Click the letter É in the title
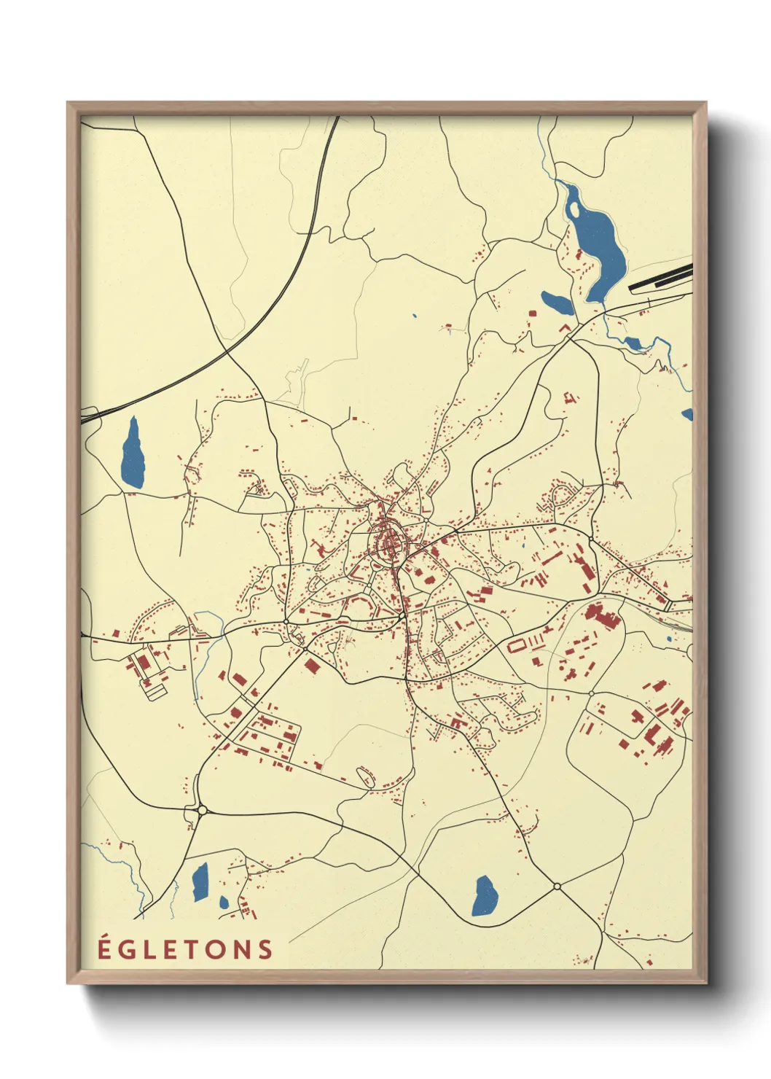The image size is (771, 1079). tap(104, 948)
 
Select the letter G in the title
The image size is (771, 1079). tap(127, 949)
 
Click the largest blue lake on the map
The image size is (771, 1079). tap(598, 244)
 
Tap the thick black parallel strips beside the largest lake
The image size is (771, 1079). tap(660, 278)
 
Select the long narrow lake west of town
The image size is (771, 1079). tap(133, 453)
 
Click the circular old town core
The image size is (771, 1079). tap(388, 543)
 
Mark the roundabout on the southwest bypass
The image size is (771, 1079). tap(202, 809)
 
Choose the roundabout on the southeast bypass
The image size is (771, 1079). tap(557, 886)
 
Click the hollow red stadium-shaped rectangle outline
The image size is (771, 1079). tap(517, 645)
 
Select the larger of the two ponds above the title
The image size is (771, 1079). tap(200, 881)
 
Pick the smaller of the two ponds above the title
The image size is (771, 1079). tap(224, 903)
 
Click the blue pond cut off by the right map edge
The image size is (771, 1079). tap(687, 414)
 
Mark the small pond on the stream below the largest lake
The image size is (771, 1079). tap(632, 342)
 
